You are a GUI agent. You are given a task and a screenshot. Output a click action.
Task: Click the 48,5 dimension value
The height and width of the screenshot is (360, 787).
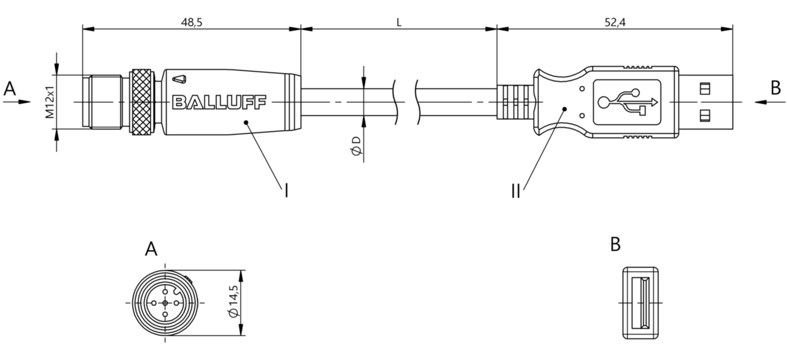click(x=192, y=22)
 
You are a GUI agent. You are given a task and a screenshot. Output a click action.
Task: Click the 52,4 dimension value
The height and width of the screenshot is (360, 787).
click(x=614, y=22)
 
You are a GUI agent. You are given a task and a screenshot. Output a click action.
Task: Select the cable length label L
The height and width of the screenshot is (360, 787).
click(x=399, y=22)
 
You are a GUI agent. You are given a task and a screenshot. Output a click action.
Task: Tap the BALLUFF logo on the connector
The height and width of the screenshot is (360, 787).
click(x=219, y=102)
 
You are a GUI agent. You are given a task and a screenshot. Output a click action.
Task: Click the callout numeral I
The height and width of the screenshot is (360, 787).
click(x=286, y=191)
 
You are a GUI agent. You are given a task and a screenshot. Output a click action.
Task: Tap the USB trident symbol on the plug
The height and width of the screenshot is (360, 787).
click(x=627, y=103)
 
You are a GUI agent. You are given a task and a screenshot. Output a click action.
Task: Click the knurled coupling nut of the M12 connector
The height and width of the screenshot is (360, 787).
click(x=142, y=102)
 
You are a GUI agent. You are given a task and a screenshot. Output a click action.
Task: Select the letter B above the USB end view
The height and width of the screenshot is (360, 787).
click(x=615, y=244)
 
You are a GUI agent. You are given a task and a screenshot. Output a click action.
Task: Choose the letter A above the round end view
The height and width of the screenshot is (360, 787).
click(x=151, y=249)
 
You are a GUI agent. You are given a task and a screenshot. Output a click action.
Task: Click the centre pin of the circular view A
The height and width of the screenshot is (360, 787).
click(x=165, y=302)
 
